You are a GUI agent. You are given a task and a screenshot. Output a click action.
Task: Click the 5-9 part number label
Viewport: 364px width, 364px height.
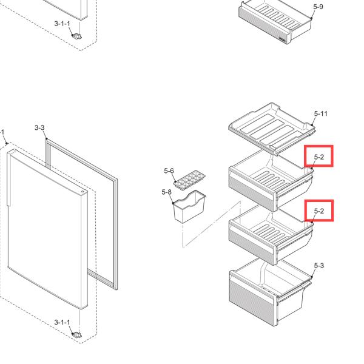pyautogui.click(x=318, y=7)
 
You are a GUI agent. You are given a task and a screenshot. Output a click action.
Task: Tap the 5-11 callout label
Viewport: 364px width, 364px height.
pyautogui.click(x=321, y=113)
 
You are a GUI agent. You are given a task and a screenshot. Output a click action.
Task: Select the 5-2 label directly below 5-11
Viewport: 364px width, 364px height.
pyautogui.click(x=319, y=157)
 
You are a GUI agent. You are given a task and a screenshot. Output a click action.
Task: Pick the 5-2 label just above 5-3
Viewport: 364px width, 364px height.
pyautogui.click(x=319, y=211)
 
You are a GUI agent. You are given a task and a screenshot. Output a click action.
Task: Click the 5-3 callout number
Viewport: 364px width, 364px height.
pyautogui.click(x=319, y=266)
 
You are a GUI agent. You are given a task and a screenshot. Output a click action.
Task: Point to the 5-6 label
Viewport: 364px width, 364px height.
pyautogui.click(x=169, y=172)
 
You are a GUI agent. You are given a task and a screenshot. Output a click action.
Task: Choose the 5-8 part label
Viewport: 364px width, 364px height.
pyautogui.click(x=166, y=192)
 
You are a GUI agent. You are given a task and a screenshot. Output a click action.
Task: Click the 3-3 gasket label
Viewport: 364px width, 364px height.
pyautogui.click(x=39, y=127)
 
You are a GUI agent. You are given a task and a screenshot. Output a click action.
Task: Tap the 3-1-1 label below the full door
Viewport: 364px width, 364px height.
pyautogui.click(x=62, y=322)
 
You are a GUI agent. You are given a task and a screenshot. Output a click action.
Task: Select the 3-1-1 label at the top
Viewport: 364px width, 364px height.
pyautogui.click(x=62, y=23)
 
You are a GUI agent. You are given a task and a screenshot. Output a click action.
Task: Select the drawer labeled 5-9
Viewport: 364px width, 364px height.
pyautogui.click(x=273, y=21)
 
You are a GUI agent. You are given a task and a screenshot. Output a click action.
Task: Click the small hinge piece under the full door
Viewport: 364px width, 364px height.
pyautogui.click(x=76, y=334)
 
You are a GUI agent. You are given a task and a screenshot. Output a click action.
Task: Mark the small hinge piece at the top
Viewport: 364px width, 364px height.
pyautogui.click(x=76, y=36)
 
